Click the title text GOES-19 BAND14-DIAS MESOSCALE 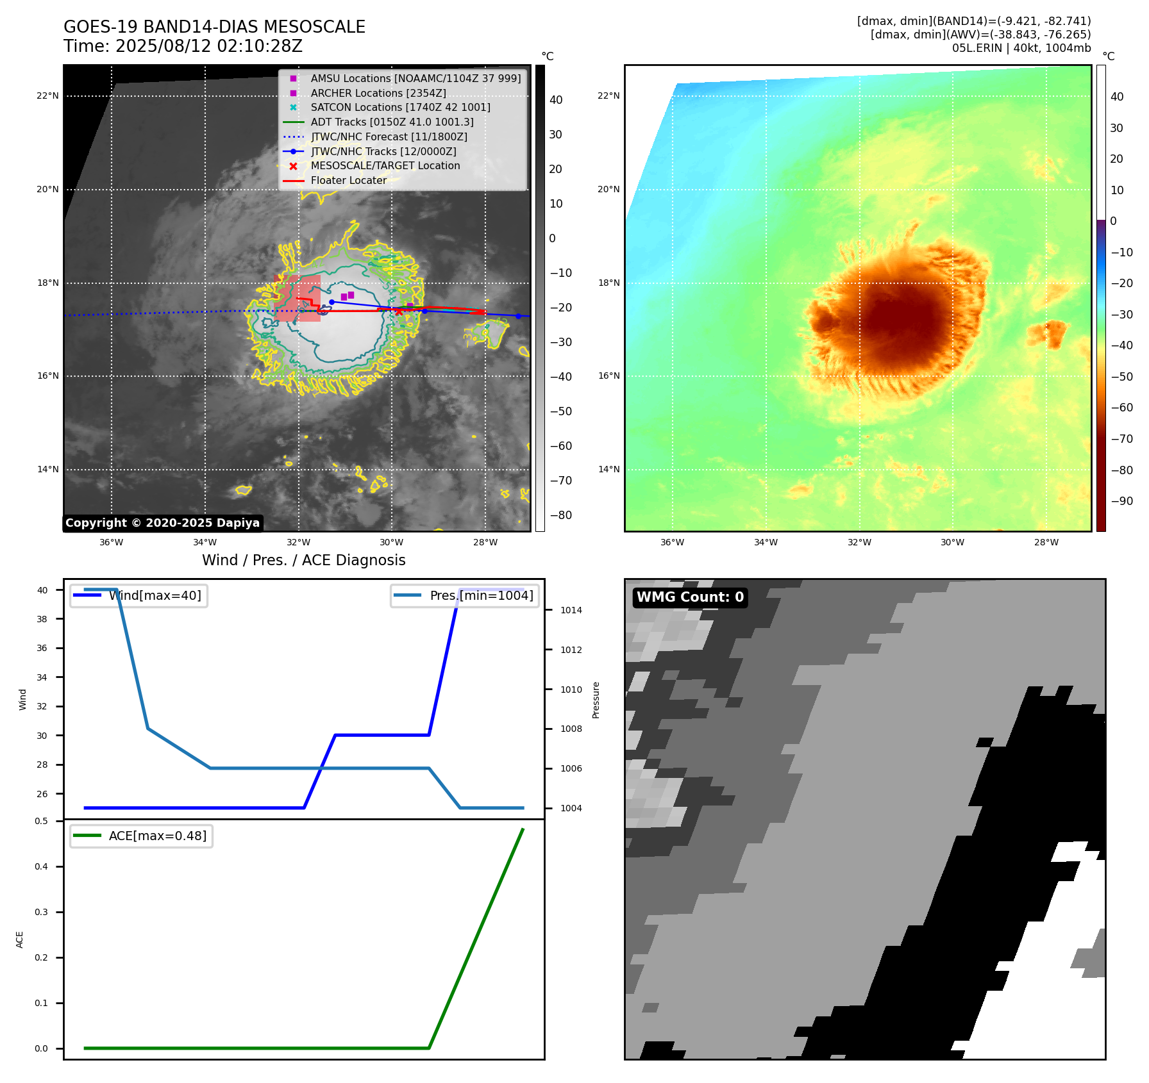coord(214,27)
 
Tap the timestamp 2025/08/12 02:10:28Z coord(208,47)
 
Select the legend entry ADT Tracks coord(392,122)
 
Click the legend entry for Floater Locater coord(348,181)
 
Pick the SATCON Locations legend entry coord(400,107)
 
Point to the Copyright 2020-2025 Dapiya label coord(162,523)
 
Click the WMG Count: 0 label coord(690,597)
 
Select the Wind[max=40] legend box coord(138,595)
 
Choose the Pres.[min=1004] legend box coord(465,595)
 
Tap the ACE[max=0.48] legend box coord(141,836)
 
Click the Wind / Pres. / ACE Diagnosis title coord(303,560)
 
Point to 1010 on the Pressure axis coord(571,690)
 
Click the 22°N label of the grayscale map coord(47,96)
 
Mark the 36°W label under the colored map coord(672,542)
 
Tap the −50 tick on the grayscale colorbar coord(560,411)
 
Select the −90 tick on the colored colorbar coord(1121,501)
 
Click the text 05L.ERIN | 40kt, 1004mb coord(1021,48)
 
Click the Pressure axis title coord(596,700)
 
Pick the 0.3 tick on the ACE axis coord(42,912)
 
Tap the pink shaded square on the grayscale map coord(298,298)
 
